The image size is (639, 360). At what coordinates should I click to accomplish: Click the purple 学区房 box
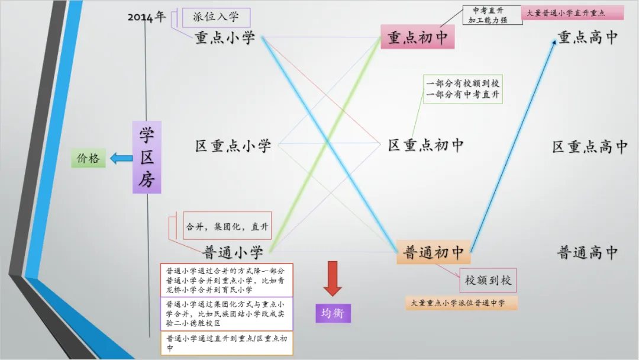coord(147,157)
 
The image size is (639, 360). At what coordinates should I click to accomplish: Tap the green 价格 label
coord(88,158)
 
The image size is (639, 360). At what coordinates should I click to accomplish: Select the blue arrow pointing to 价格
coord(121,158)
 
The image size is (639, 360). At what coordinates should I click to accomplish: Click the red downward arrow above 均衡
coord(333,278)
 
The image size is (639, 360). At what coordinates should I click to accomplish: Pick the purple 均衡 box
coord(333,313)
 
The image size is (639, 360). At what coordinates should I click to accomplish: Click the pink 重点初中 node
coord(417,37)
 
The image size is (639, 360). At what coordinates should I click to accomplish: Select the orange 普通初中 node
coord(434,252)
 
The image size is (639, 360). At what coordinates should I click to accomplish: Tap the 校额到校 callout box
coord(488,280)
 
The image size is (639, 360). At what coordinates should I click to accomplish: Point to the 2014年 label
coord(147,17)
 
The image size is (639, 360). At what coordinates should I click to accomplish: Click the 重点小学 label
coord(225,38)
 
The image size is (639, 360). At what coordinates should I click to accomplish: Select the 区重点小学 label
coord(233,145)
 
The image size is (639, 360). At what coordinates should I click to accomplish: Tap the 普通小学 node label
coord(233,253)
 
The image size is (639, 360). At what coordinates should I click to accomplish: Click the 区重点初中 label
coord(425,145)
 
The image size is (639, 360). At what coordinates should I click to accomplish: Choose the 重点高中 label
coord(588,37)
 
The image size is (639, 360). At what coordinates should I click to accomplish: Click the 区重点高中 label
coord(589,147)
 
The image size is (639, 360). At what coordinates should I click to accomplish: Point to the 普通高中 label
coord(588,253)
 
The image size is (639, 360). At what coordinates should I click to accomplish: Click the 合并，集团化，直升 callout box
coord(227,226)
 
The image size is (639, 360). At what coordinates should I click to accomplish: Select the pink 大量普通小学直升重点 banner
coord(572,13)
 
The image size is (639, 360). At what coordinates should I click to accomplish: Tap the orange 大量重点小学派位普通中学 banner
coord(461,303)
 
